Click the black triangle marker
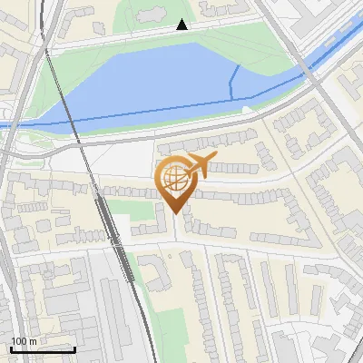[x=182, y=25]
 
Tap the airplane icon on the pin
[x=201, y=164]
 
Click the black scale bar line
[x=43, y=349]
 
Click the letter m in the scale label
[x=33, y=341]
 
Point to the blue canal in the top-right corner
[x=336, y=50]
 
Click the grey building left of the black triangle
[x=150, y=13]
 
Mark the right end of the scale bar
[x=74, y=349]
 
